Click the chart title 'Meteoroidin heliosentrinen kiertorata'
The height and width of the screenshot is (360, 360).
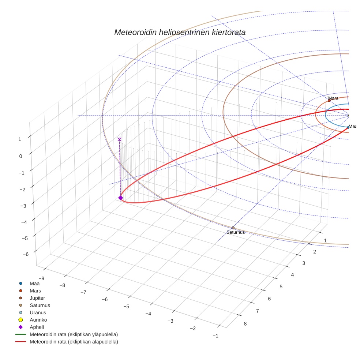click(x=180, y=32)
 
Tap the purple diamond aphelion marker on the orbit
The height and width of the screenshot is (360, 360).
click(x=120, y=198)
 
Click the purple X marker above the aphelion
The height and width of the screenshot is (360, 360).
click(x=119, y=139)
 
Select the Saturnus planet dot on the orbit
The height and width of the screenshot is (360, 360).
click(x=233, y=228)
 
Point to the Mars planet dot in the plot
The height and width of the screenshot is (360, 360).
click(x=329, y=101)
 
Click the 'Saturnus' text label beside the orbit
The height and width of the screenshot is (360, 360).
click(x=236, y=232)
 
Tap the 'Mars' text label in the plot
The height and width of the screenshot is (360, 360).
click(x=333, y=98)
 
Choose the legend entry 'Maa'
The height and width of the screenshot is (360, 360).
click(x=34, y=283)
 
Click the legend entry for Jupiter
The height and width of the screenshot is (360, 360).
click(x=37, y=298)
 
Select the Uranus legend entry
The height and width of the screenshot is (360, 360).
click(x=38, y=312)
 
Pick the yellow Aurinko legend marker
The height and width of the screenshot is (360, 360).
click(x=21, y=320)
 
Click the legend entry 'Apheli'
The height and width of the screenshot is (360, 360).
click(x=37, y=327)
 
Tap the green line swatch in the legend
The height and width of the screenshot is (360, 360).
click(x=21, y=334)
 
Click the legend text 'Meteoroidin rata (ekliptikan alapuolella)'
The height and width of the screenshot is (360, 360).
click(x=74, y=342)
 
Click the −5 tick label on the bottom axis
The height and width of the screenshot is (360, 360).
click(x=127, y=306)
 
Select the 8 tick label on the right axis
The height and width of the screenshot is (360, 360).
click(x=245, y=323)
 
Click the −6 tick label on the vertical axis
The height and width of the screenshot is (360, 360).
click(x=26, y=254)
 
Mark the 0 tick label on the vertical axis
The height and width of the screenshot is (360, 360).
click(x=20, y=156)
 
